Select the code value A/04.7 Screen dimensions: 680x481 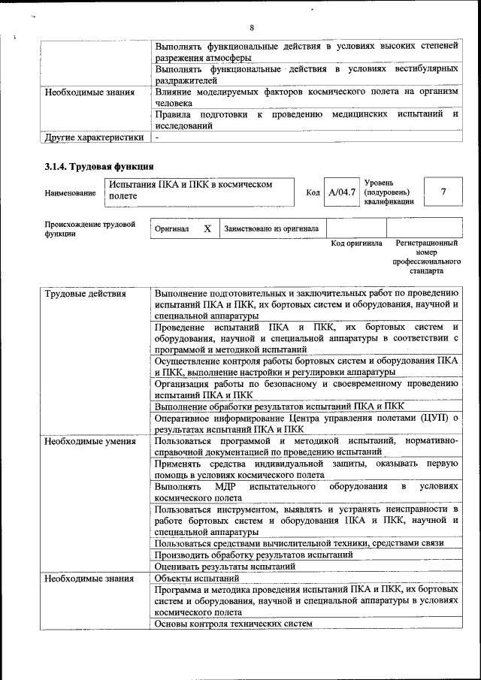click(342, 192)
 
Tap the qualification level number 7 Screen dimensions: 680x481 click(443, 192)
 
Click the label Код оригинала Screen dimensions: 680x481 click(357, 243)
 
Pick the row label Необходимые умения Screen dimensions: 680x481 click(89, 441)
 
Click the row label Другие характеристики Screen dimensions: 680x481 click(94, 138)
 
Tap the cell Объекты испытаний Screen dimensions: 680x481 click(197, 579)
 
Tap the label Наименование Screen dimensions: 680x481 click(70, 193)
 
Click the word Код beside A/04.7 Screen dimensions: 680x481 click(313, 193)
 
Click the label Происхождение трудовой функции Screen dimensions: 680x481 click(89, 228)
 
